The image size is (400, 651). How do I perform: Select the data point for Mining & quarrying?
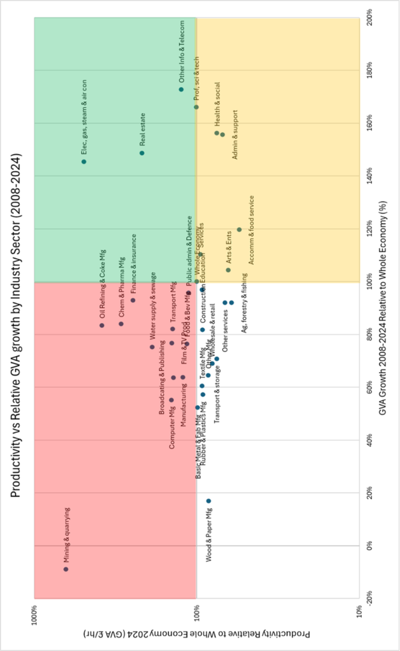66,569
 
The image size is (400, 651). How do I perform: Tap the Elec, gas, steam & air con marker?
84,161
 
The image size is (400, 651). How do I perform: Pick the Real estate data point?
142,153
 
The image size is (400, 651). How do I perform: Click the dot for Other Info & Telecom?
182,89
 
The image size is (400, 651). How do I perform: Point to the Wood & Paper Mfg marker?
208,501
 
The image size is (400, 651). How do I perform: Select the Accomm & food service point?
239,230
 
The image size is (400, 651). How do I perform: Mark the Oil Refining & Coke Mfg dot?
102,325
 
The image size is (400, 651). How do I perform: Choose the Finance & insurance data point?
133,300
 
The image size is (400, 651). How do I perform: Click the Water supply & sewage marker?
152,346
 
